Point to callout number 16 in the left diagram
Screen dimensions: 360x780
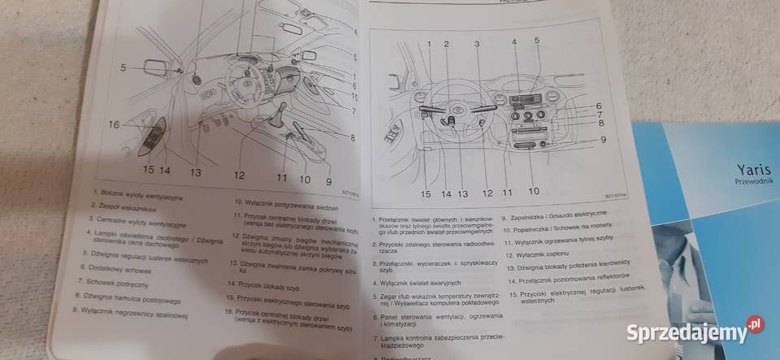point(112,124)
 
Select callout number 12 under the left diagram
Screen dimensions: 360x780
point(239,175)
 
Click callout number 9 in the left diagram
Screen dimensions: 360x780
point(328,181)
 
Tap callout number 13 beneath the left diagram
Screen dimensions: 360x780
point(196,172)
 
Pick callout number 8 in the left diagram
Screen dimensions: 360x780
point(353,138)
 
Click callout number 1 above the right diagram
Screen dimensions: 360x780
point(427,42)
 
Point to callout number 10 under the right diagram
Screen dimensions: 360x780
point(533,192)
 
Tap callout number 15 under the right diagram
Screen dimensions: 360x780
point(425,193)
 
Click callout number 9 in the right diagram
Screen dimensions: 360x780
point(603,140)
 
